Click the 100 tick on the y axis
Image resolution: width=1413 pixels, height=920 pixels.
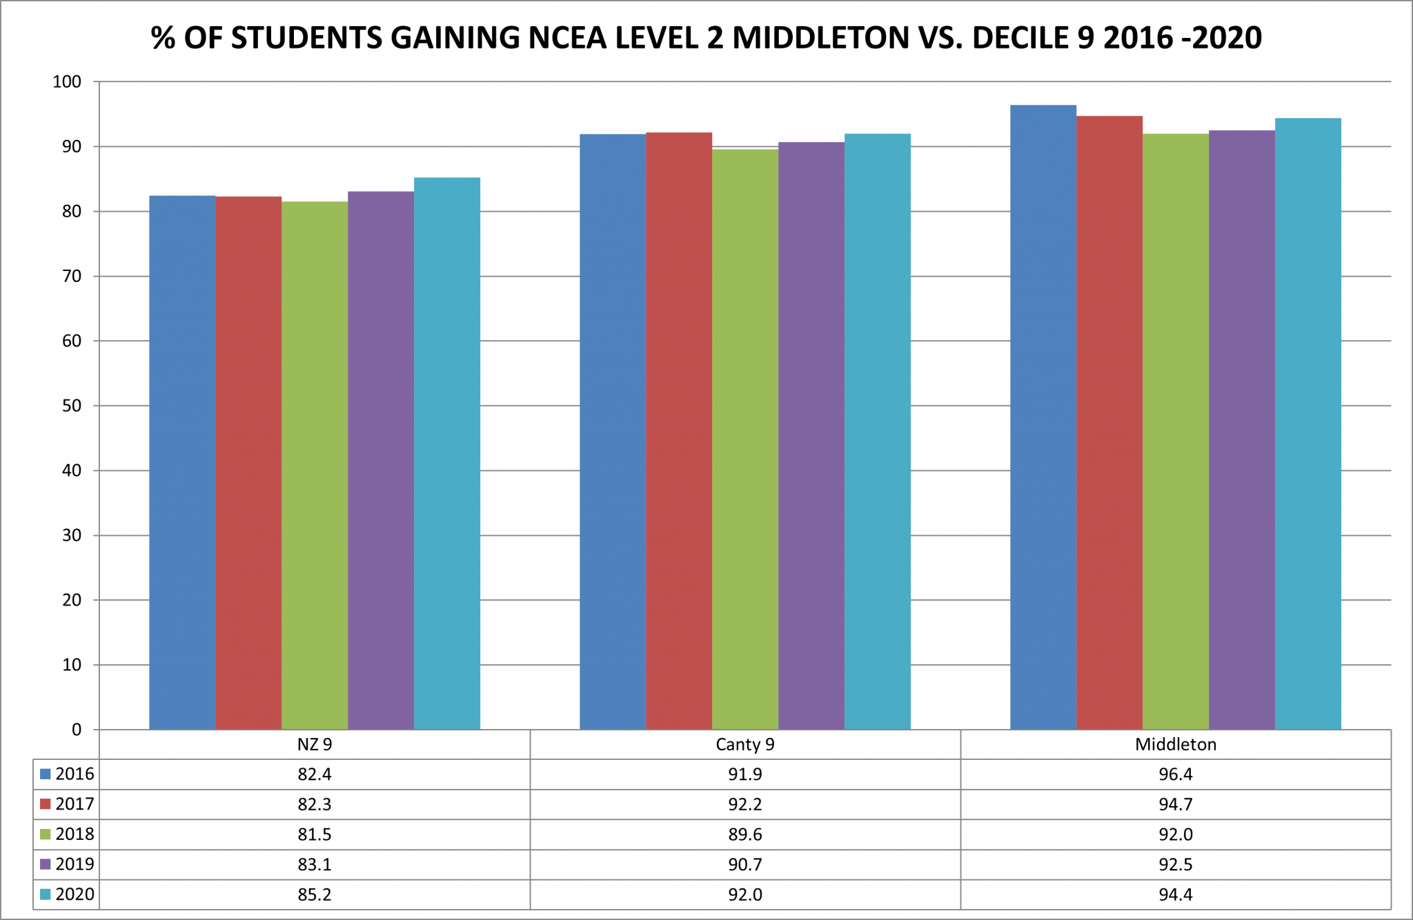pos(67,82)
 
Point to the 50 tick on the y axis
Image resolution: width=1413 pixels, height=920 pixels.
pos(71,406)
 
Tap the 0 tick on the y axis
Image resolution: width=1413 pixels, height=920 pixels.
pos(76,730)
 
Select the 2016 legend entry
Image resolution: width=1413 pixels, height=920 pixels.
pos(67,774)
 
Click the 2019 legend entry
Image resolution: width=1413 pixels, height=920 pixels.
pos(67,864)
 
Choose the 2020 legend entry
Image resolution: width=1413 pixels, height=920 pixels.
pos(67,894)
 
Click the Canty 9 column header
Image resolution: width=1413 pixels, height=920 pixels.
pos(745,745)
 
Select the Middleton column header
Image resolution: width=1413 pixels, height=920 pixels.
pos(1176,745)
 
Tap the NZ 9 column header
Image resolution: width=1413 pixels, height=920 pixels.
pos(315,745)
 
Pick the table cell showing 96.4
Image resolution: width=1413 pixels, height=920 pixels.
pos(1176,774)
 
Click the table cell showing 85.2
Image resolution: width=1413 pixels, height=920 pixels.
pos(315,894)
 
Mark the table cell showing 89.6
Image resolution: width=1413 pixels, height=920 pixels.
pos(745,834)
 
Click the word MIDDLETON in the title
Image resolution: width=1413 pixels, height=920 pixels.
pos(820,38)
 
